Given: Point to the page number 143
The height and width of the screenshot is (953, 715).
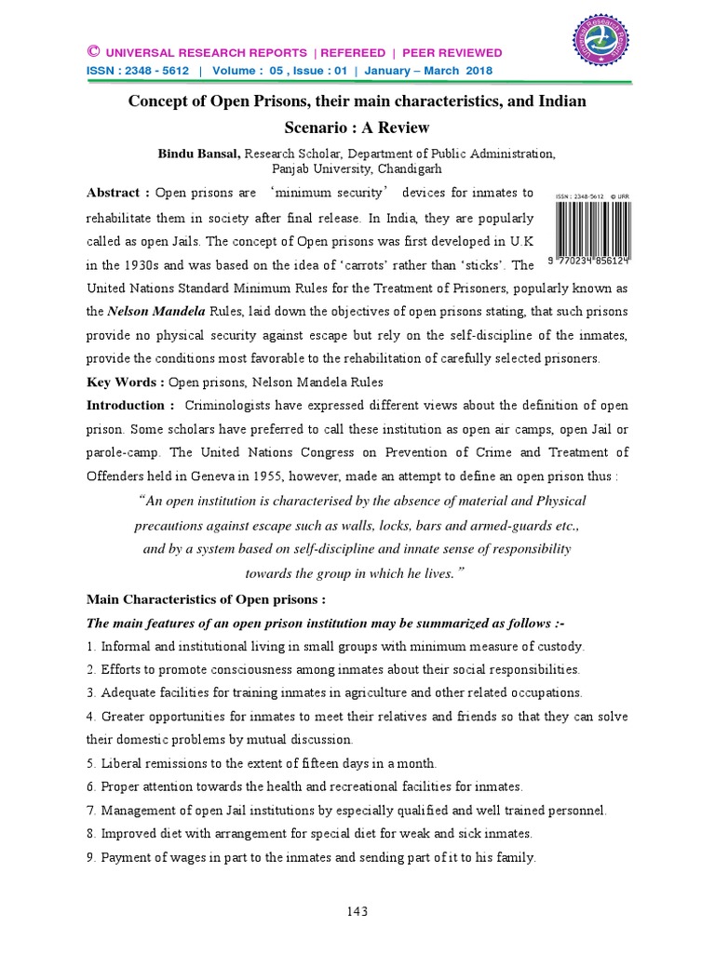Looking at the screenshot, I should (x=357, y=911).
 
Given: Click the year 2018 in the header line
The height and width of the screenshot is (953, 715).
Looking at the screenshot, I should (x=480, y=71).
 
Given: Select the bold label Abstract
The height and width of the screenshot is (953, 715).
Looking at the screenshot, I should (x=114, y=193).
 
